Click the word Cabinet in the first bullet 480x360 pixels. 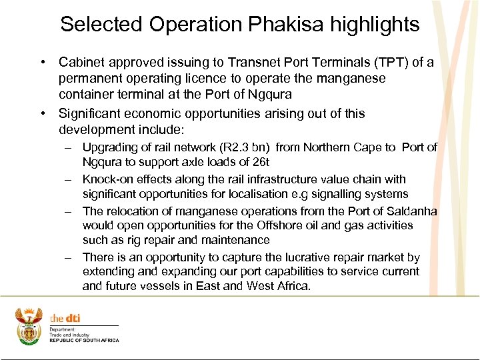(81, 63)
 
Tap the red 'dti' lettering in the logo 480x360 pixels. (73, 318)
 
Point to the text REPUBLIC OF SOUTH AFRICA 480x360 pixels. (85, 341)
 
